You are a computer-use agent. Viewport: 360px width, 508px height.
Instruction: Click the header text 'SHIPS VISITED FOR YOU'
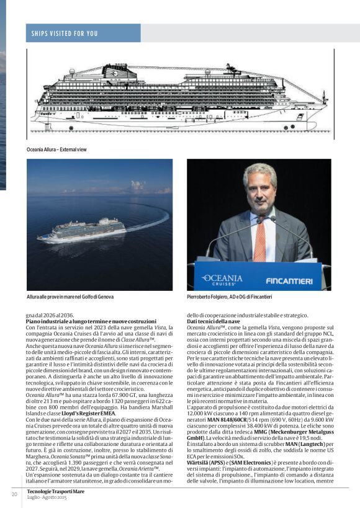65,33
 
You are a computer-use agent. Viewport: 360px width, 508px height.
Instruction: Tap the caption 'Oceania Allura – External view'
56,149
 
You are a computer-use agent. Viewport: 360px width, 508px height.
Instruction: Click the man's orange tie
259,239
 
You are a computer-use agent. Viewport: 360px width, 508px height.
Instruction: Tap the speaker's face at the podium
259,192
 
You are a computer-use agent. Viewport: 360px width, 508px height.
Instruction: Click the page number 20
14,494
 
